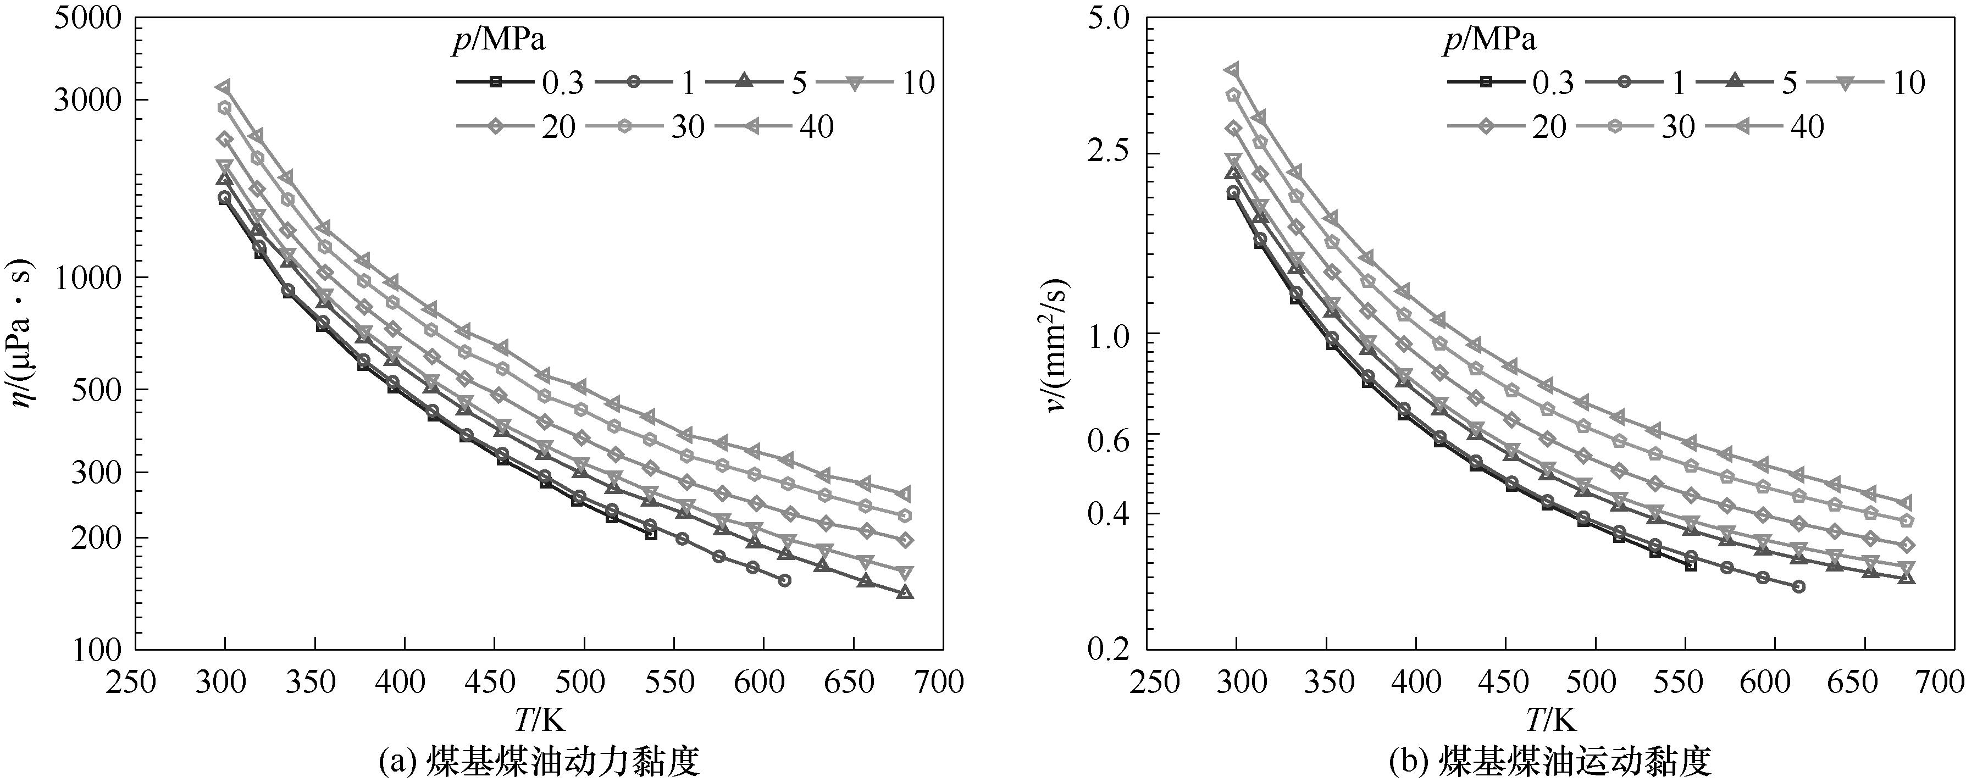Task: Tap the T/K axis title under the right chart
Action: pyautogui.click(x=1552, y=719)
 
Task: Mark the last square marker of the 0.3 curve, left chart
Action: pyautogui.click(x=651, y=534)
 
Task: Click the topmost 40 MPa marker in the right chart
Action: pyautogui.click(x=1232, y=69)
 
